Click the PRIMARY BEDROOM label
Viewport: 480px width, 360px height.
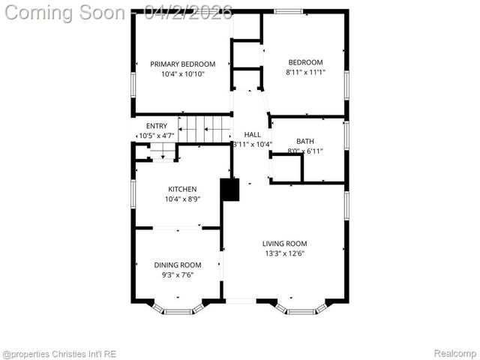(182, 64)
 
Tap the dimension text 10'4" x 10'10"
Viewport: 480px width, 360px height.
(182, 74)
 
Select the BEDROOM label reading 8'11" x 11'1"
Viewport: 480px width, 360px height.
(305, 62)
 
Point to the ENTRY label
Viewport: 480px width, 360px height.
(157, 126)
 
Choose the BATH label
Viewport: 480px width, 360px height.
(305, 141)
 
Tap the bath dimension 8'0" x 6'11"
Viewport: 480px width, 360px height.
(305, 151)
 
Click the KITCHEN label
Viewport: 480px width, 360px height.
(182, 189)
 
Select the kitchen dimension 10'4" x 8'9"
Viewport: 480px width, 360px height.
(182, 199)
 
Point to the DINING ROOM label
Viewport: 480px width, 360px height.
(178, 265)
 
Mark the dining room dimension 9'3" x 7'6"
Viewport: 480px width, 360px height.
(178, 275)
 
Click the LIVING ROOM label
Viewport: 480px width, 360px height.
(284, 244)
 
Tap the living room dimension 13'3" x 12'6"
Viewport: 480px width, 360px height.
(284, 253)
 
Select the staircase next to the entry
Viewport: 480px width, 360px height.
(208, 128)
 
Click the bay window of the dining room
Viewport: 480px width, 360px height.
(178, 308)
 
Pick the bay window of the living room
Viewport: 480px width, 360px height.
(301, 308)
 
